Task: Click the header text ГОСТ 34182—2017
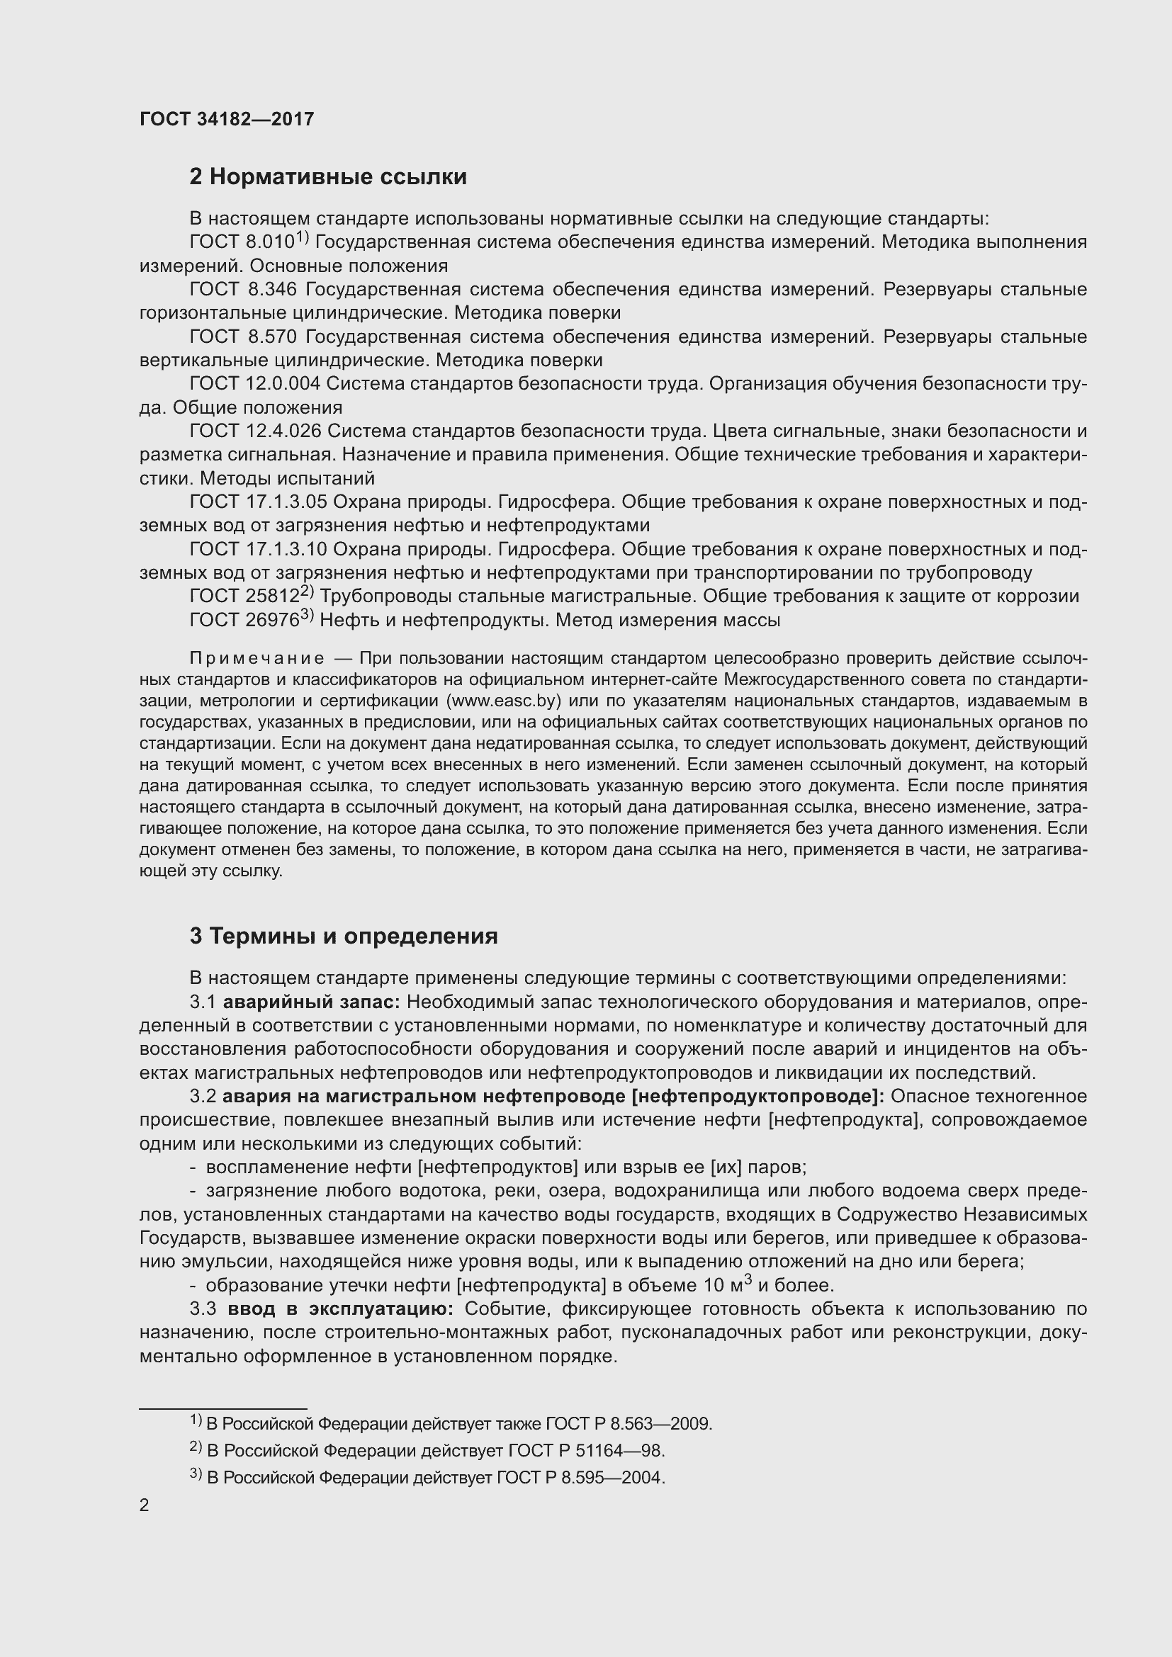pos(227,119)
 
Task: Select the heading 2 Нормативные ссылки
pos(327,177)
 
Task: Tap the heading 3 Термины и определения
pos(344,936)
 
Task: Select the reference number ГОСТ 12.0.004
pos(255,384)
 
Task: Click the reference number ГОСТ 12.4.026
pos(255,431)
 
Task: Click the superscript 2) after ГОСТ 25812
pos(307,591)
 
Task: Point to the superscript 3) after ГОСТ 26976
pos(307,615)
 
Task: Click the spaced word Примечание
pos(257,658)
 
